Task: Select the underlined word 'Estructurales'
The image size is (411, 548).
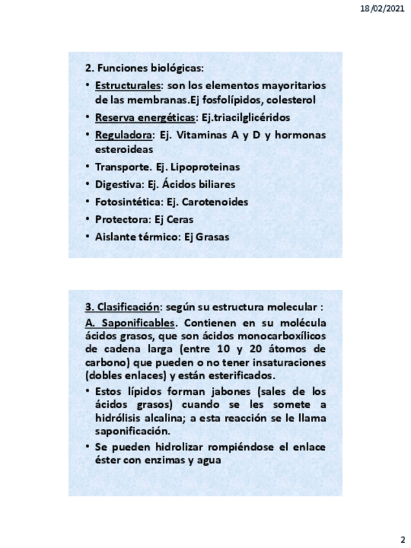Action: tap(126, 86)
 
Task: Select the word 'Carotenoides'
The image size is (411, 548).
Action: tap(216, 202)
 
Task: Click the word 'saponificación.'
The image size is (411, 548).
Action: tap(132, 431)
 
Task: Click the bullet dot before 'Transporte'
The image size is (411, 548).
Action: tap(88, 167)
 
